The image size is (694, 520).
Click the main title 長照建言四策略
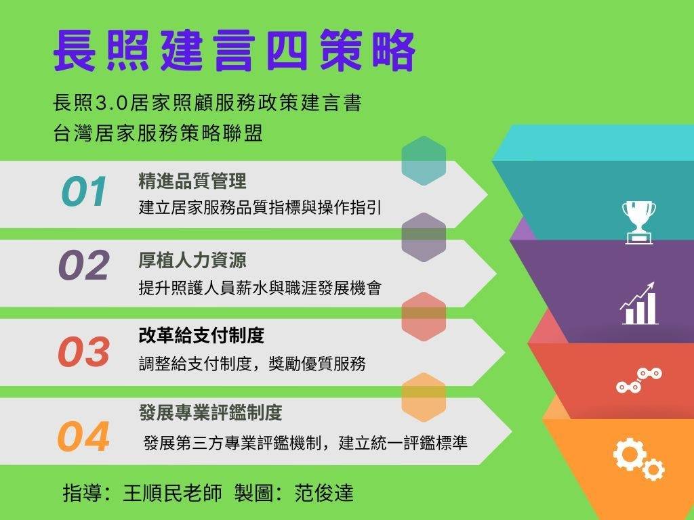(234, 50)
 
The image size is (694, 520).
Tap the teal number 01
(84, 192)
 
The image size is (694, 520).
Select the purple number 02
(83, 265)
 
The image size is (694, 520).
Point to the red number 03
(83, 351)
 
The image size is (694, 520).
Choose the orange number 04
(83, 437)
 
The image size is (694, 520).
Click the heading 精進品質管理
(192, 181)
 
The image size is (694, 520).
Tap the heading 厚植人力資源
(192, 260)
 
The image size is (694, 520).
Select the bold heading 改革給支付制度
(201, 336)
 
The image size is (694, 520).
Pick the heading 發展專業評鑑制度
(211, 412)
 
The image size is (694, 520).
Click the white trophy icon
(638, 222)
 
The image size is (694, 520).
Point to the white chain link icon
(639, 380)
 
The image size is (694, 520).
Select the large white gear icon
(628, 454)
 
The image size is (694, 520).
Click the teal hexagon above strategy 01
(424, 160)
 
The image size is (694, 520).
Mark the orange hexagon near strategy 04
(424, 397)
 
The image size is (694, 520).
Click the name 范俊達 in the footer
(324, 493)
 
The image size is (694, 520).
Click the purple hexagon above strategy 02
(424, 238)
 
